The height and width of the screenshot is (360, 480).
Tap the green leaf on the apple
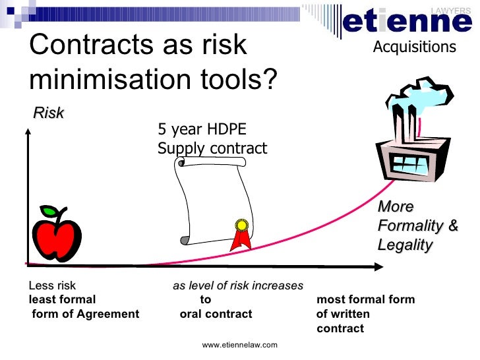click(x=49, y=212)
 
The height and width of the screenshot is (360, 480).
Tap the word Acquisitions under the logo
click(x=414, y=47)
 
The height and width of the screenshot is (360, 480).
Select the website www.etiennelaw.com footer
click(x=239, y=345)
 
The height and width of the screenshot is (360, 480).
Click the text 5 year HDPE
click(x=202, y=129)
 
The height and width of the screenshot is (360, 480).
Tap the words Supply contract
click(x=212, y=148)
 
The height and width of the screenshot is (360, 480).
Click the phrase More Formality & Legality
click(x=417, y=225)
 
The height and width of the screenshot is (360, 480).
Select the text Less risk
click(x=52, y=286)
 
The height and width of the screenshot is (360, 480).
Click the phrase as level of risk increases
click(x=238, y=286)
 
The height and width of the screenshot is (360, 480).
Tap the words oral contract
click(x=216, y=314)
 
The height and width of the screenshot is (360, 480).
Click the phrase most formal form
click(x=366, y=300)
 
